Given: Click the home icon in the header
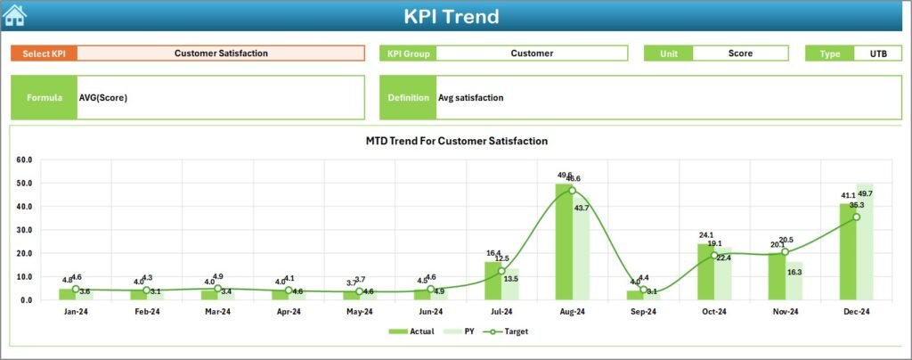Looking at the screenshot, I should [15, 15].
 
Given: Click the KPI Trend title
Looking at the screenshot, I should [451, 16].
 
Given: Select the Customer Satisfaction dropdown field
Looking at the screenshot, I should [221, 53].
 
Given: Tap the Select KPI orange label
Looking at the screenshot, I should [44, 53].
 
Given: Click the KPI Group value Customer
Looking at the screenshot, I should [532, 53].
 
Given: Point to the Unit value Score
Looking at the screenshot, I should [740, 53].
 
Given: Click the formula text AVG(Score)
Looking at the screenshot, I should [103, 98].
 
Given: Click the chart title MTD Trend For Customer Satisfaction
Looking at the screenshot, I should [456, 141].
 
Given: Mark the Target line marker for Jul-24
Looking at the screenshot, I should [501, 271].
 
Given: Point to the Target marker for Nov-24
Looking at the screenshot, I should [785, 252].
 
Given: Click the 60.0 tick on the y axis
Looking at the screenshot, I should [24, 160].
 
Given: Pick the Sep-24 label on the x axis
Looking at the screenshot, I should [643, 312].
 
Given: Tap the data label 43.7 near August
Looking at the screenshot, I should [581, 208].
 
